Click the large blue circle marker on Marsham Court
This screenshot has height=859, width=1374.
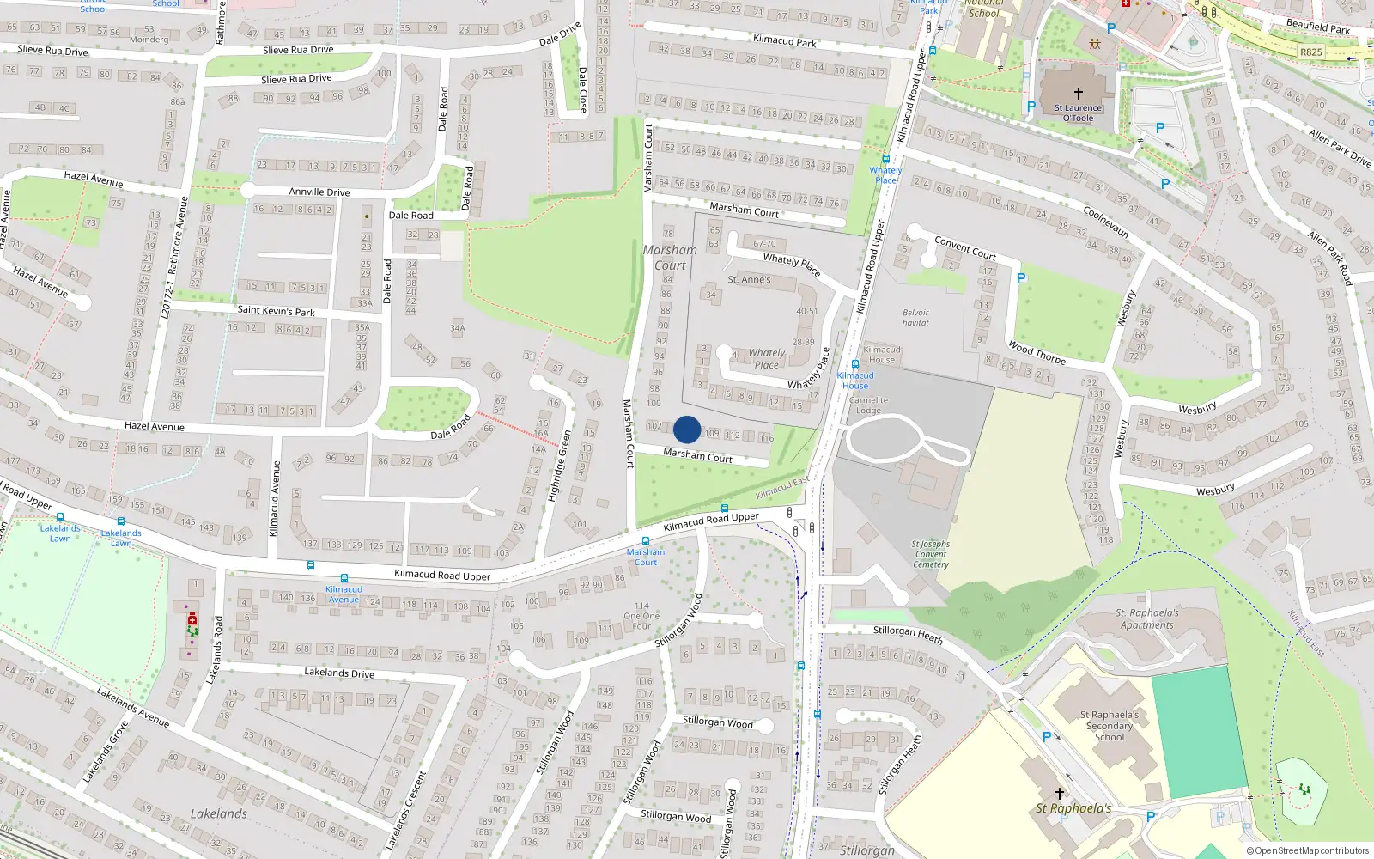[x=687, y=429]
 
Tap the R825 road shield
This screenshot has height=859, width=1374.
[x=1310, y=52]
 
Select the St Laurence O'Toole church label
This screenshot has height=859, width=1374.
[x=1078, y=113]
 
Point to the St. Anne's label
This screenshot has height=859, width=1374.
[x=749, y=279]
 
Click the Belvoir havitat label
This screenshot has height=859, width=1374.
[x=915, y=318]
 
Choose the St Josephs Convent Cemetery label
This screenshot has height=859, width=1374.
[x=931, y=554]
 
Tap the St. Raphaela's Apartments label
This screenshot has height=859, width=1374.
[x=1146, y=618]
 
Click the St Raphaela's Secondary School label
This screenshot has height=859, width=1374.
[x=1110, y=726]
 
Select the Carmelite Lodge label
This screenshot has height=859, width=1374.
[x=868, y=405]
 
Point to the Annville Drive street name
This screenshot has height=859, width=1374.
[x=319, y=192]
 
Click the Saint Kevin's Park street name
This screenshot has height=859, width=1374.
[x=276, y=310]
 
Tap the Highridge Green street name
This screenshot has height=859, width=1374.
[x=559, y=466]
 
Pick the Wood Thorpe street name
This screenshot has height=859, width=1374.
[x=1037, y=352]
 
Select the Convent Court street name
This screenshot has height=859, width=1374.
[x=965, y=248]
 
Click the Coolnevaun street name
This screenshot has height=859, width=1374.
[x=1105, y=222]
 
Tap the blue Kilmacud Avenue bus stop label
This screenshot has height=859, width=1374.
[x=343, y=594]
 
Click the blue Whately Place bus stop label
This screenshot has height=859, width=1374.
[x=885, y=174]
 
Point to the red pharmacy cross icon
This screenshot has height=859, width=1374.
[x=192, y=618]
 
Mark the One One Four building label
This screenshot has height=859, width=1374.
[x=641, y=616]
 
